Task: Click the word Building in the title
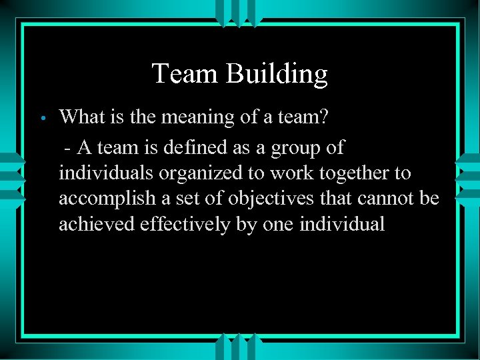(x=277, y=74)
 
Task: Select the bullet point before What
(x=41, y=119)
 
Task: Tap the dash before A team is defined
(x=68, y=147)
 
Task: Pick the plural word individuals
(x=107, y=173)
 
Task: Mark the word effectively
(x=185, y=225)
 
